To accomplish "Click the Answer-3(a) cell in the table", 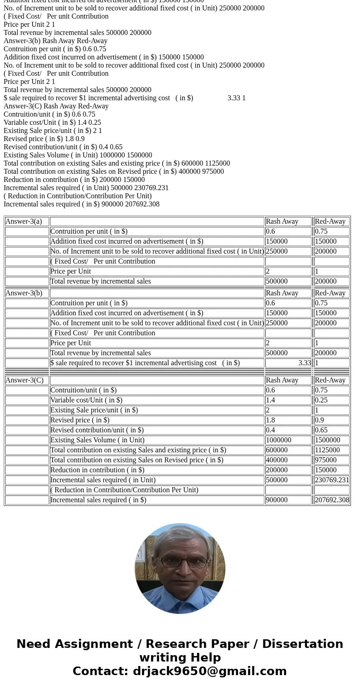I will [x=24, y=221].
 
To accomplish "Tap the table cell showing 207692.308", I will [x=332, y=500].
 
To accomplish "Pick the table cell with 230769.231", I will [x=332, y=480].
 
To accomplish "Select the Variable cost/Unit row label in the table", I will [x=86, y=400].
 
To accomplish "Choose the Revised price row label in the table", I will [x=80, y=420].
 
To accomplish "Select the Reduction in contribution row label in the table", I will [x=97, y=470].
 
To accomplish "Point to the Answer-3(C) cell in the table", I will [x=24, y=380].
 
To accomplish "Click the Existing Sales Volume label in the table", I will [x=97, y=440].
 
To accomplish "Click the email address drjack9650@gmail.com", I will [x=209, y=671].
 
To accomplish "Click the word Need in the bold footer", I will [x=35, y=644].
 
